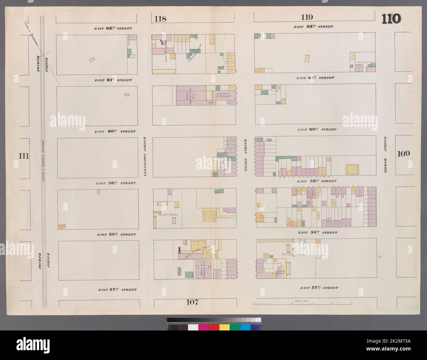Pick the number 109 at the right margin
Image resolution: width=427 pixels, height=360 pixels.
403,153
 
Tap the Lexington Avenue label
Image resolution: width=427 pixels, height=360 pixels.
145,157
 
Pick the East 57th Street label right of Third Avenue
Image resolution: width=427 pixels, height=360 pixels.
319,288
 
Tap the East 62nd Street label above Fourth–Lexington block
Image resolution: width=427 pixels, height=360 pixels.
113,29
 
